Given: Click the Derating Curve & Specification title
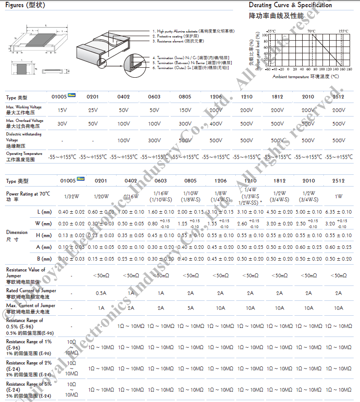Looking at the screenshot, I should coord(290,5).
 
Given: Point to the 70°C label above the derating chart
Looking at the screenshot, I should coord(311,31).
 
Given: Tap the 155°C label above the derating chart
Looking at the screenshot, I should coord(343,31).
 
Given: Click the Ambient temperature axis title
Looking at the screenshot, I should coord(306,77).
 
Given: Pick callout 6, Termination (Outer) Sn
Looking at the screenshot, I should coord(190,67).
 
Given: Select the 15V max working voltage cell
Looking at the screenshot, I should coord(63,110).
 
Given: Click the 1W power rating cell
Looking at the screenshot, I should coord(338,196).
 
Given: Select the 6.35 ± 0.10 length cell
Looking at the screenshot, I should coord(338,212).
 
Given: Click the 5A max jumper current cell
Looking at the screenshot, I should coord(191,308).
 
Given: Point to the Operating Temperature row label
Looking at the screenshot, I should coord(24,156).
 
